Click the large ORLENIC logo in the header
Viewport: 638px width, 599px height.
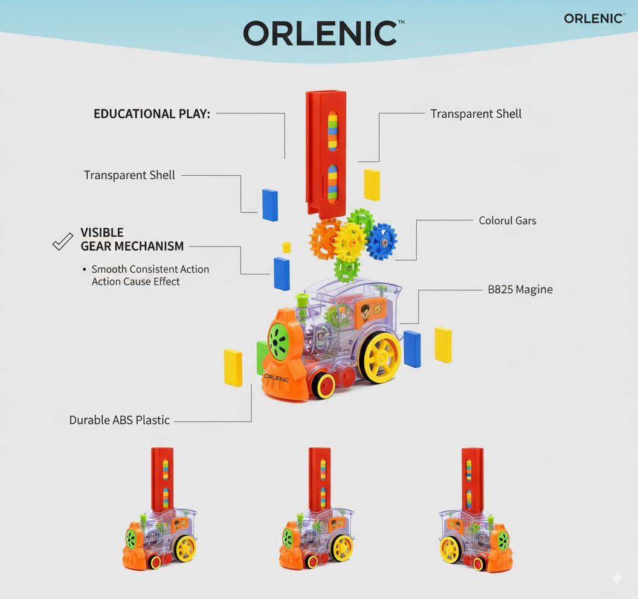(x=320, y=34)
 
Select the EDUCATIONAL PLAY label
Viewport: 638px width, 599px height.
(x=152, y=114)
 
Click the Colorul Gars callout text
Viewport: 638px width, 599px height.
(x=507, y=220)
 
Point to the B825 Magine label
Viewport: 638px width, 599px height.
(x=520, y=289)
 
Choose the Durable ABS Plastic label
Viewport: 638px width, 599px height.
(x=120, y=420)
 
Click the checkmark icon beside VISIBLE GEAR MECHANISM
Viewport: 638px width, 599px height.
(x=62, y=242)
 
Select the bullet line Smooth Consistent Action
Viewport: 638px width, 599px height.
(x=150, y=269)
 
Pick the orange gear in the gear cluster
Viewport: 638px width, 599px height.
(x=324, y=239)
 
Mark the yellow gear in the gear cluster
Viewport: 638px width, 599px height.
(x=350, y=242)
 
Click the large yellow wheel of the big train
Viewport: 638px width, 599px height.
(x=381, y=357)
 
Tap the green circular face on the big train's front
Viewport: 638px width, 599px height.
(x=279, y=340)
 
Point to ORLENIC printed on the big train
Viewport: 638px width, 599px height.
(x=277, y=378)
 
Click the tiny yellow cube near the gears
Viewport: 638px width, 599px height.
(x=287, y=247)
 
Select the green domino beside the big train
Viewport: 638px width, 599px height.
(x=262, y=357)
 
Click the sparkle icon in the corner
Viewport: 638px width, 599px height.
(x=616, y=578)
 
